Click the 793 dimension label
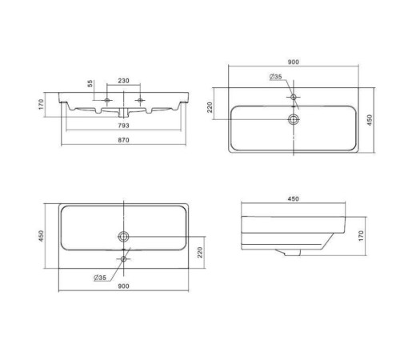(x=123, y=125)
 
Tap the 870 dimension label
(x=123, y=140)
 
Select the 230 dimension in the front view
(x=123, y=81)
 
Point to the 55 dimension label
(x=90, y=83)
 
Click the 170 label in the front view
(x=41, y=104)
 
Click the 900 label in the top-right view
(x=294, y=62)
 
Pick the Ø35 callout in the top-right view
(x=275, y=77)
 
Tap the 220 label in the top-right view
(x=210, y=107)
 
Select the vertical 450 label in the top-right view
(x=370, y=120)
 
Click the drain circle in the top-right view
(x=294, y=119)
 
